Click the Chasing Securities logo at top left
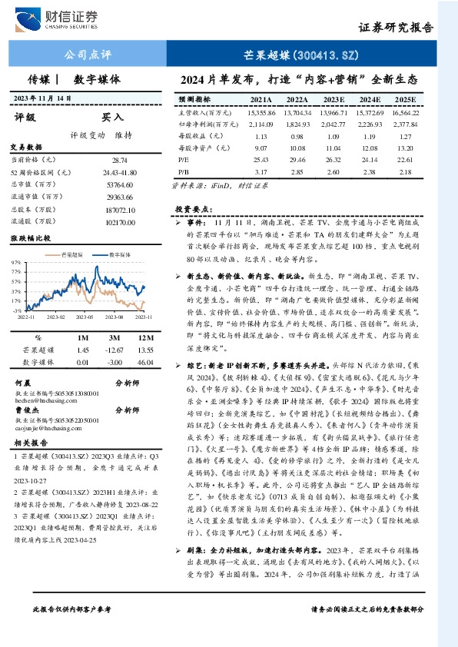[59, 16]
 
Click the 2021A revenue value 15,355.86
[261, 112]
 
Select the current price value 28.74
[119, 160]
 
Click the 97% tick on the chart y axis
[15, 262]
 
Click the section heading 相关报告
[31, 443]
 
